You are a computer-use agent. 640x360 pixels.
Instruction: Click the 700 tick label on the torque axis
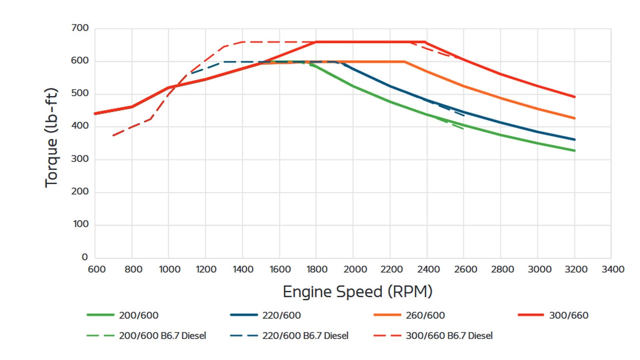(80, 28)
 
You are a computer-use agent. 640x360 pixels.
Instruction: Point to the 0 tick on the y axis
(85, 257)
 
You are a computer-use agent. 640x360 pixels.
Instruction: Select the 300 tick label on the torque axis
(80, 159)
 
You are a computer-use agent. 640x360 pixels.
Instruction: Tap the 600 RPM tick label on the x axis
(97, 269)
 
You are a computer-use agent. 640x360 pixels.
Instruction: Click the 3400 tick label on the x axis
(613, 269)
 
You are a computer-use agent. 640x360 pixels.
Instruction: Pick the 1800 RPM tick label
(317, 269)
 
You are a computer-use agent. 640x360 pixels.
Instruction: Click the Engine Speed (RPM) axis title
(357, 292)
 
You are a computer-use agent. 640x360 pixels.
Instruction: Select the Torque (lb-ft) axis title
(52, 138)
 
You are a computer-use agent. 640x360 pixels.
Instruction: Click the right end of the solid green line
(575, 151)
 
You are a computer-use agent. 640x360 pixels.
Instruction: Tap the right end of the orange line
(575, 118)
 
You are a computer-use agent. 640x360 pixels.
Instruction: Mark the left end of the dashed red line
(113, 136)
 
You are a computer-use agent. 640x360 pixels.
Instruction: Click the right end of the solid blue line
(575, 140)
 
